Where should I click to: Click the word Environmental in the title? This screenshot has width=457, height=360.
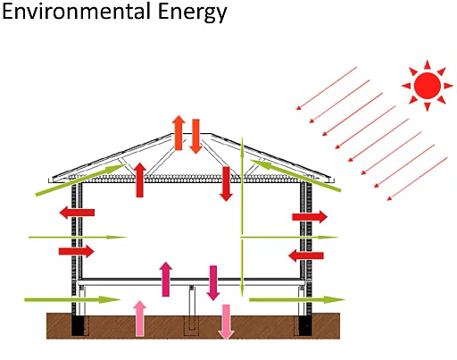(x=76, y=11)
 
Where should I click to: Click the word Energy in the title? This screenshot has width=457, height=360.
(x=192, y=13)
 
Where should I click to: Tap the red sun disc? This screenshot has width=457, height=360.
(x=428, y=85)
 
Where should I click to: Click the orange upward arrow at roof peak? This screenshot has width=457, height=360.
(x=179, y=133)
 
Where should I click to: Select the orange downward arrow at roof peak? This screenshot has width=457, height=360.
(x=195, y=137)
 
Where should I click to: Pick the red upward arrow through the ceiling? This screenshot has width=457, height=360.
(x=139, y=180)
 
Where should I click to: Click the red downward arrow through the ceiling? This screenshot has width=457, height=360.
(x=226, y=184)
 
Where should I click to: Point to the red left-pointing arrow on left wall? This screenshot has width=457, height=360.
(x=77, y=213)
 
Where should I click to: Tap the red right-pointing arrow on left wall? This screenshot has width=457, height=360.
(x=77, y=251)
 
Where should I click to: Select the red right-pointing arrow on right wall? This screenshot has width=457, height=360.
(x=310, y=217)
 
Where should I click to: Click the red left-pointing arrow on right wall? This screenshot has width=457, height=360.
(x=306, y=255)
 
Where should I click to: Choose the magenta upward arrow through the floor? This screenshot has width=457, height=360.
(x=166, y=280)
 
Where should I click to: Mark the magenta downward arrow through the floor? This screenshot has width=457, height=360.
(x=213, y=283)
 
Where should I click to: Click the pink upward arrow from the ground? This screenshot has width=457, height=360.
(x=139, y=318)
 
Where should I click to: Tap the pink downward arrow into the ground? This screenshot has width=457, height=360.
(x=226, y=322)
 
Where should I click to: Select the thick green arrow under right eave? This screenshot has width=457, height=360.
(x=295, y=175)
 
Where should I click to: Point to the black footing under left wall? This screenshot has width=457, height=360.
(x=78, y=326)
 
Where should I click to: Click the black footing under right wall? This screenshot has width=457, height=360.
(x=305, y=326)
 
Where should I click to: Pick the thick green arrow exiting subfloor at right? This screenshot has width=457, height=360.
(x=297, y=299)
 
